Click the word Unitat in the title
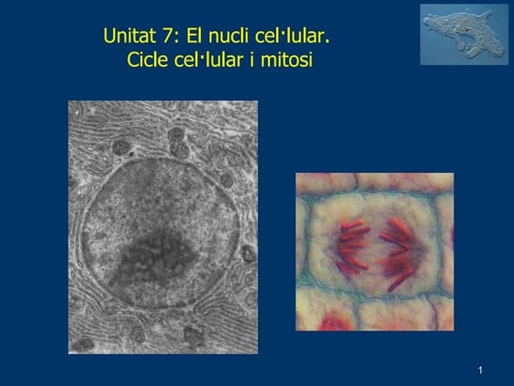pyautogui.click(x=128, y=41)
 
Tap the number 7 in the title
pyautogui.click(x=166, y=41)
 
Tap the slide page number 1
pyautogui.click(x=480, y=369)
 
